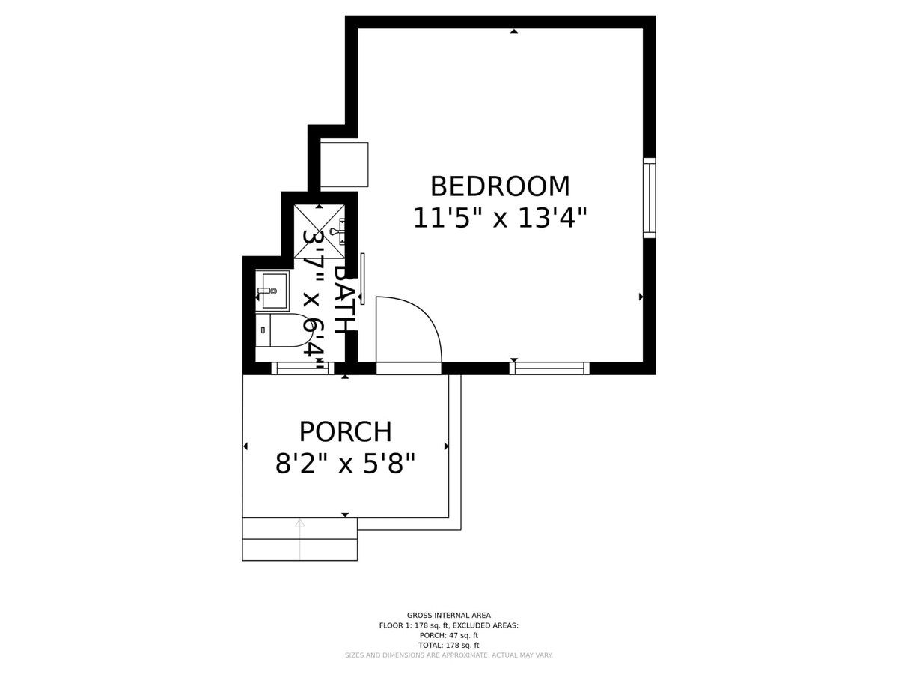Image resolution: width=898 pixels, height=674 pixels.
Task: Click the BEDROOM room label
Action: click(x=500, y=186)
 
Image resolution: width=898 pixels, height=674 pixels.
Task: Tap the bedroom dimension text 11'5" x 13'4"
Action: click(x=500, y=218)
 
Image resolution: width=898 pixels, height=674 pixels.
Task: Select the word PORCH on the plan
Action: click(x=345, y=431)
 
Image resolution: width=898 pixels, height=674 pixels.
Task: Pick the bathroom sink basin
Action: click(x=272, y=291)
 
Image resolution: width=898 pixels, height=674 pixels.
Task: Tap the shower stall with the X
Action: click(x=320, y=231)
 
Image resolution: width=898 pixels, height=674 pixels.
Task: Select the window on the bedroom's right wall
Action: click(x=650, y=198)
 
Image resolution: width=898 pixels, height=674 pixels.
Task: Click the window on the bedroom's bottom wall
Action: click(x=549, y=368)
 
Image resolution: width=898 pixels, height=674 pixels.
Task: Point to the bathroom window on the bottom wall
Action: click(x=303, y=368)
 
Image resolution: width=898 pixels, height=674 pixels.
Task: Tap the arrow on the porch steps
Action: click(x=300, y=539)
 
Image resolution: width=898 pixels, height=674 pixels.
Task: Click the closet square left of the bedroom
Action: click(x=344, y=165)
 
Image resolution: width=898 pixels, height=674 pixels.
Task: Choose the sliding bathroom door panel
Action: click(x=362, y=279)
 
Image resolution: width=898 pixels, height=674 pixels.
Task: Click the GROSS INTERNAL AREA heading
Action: click(x=449, y=627)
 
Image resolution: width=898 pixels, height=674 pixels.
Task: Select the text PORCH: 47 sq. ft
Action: click(x=449, y=646)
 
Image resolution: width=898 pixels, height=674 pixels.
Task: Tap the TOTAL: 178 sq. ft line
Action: click(x=449, y=657)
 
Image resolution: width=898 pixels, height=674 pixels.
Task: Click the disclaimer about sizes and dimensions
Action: click(x=449, y=667)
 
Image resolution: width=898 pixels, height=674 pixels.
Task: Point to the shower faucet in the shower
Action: click(x=337, y=231)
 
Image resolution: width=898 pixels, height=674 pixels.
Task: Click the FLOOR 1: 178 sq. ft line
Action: click(x=449, y=637)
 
